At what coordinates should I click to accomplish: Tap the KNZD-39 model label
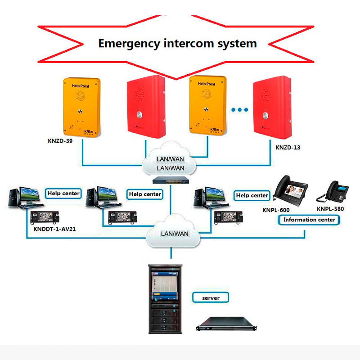coord(60,141)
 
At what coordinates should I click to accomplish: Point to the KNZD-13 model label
coord(288,147)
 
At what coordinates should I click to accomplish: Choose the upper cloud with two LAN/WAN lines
coord(170,163)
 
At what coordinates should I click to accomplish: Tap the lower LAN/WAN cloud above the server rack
coord(175,234)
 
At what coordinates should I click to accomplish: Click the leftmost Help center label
coord(63,193)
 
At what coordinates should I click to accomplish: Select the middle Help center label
coord(145,194)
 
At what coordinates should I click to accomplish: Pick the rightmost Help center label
coord(252,195)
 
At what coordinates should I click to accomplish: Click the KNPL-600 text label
coord(276,210)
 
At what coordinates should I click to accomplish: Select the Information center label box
coord(310,220)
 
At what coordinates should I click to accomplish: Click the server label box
coord(210,298)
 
